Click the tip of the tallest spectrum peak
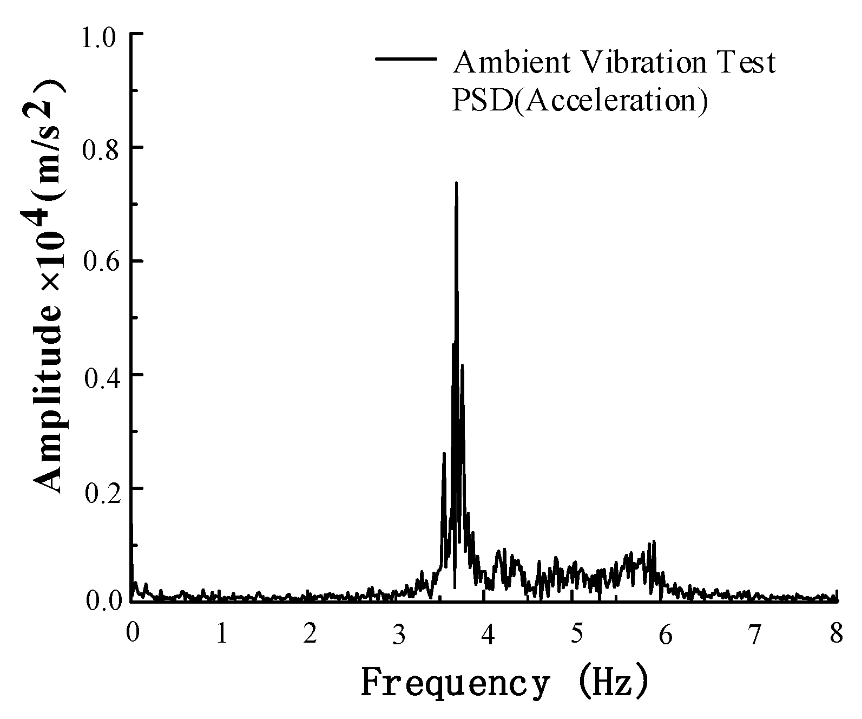(456, 183)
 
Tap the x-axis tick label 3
(399, 634)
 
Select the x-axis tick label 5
(577, 634)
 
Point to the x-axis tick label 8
(837, 634)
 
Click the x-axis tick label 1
(222, 634)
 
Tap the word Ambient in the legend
(512, 62)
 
